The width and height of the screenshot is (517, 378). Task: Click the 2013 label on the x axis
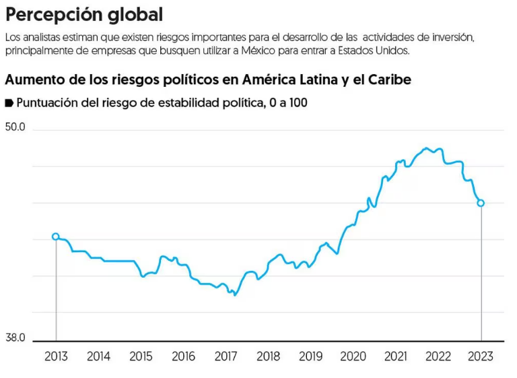point(56,356)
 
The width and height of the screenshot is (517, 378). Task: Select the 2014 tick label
point(98,356)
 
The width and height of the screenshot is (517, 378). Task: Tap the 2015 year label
point(141,356)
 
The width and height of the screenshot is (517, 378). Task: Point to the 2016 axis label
point(184,356)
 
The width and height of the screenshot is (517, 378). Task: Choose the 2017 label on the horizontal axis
point(226,356)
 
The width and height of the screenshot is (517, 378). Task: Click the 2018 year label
point(269,356)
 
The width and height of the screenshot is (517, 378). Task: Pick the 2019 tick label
point(311,356)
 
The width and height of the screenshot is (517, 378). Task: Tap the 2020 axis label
point(354,356)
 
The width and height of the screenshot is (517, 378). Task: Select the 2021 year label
point(397,356)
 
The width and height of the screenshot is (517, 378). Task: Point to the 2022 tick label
point(439,356)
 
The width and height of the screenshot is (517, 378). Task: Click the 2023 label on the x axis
point(481,356)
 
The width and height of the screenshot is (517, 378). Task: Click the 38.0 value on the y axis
point(16,338)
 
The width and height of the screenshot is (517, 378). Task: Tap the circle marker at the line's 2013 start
point(56,237)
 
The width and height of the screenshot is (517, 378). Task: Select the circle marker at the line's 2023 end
point(481,203)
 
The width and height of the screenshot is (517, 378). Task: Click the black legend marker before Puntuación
point(9,103)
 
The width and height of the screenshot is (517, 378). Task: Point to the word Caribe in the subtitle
point(388,79)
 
